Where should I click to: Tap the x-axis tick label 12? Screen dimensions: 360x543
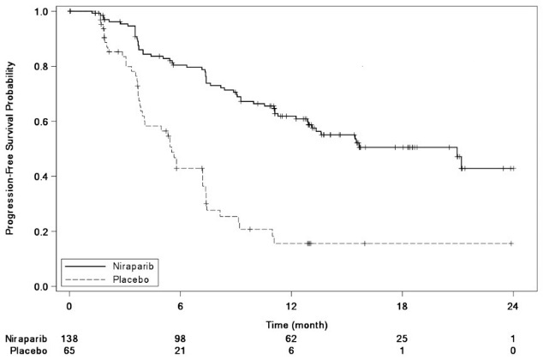(291, 304)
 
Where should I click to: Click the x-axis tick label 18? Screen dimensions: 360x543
(402, 304)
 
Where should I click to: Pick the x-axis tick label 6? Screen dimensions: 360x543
(180, 304)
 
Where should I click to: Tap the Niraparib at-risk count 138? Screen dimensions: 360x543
(69, 339)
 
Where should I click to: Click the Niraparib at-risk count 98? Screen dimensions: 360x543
(180, 339)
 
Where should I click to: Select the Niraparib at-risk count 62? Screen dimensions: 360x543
(291, 339)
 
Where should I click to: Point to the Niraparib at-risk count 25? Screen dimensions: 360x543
(402, 339)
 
